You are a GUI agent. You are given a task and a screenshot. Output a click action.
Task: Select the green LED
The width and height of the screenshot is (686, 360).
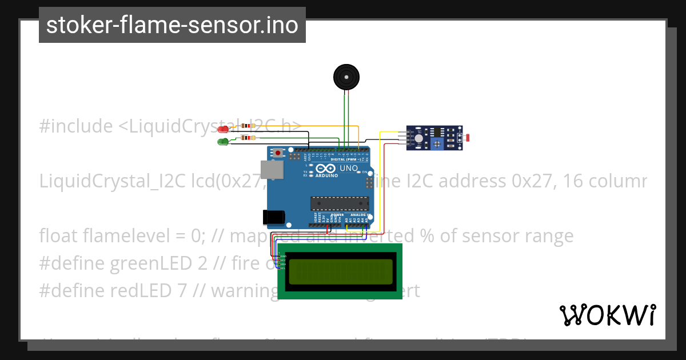223,141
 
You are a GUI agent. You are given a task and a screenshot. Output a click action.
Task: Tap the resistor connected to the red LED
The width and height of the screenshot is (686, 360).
248,126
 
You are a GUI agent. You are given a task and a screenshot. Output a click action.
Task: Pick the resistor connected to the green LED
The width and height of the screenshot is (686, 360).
248,137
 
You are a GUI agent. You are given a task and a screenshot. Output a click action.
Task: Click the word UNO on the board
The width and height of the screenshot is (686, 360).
348,169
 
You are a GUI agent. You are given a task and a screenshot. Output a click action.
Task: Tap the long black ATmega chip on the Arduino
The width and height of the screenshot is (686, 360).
340,203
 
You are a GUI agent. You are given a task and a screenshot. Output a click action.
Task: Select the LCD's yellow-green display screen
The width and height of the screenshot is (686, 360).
340,271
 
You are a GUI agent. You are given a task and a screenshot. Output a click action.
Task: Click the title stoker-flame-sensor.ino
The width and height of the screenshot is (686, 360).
172,25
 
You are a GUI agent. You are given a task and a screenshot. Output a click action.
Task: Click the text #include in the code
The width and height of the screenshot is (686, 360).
76,126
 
